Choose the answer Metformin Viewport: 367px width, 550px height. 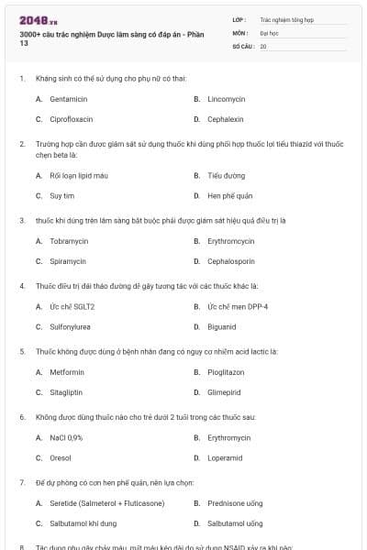(67, 372)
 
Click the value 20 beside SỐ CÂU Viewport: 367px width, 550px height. (263, 46)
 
